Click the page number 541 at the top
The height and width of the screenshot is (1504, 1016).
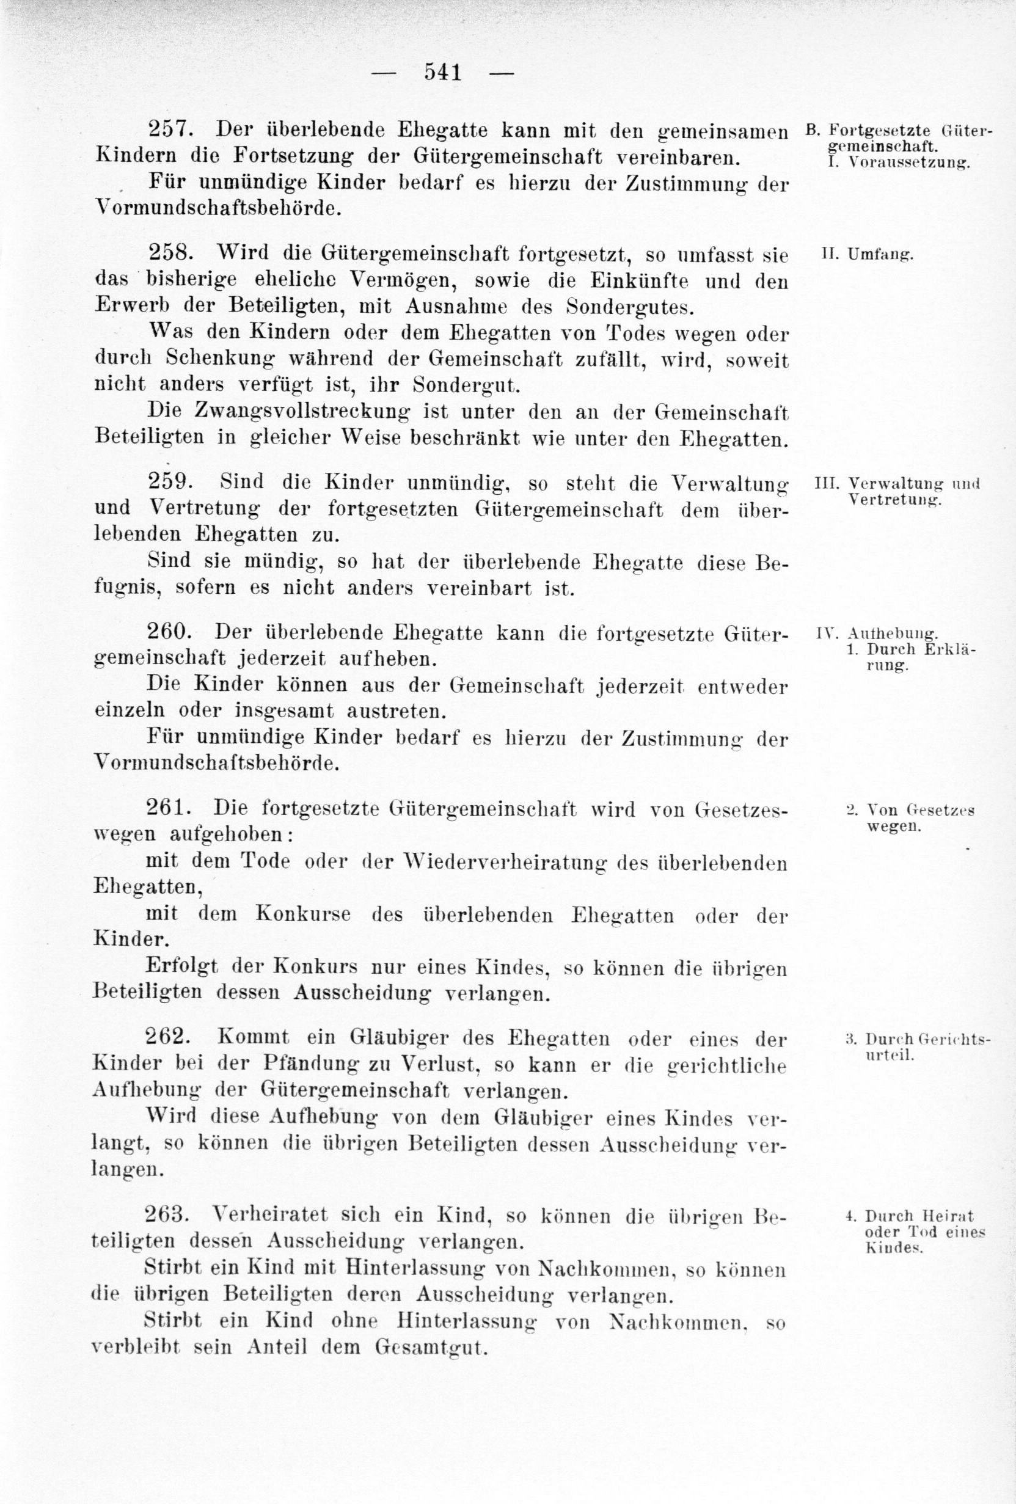point(443,71)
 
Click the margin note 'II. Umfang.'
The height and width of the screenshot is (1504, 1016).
point(866,254)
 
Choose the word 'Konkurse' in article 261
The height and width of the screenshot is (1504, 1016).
point(303,915)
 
